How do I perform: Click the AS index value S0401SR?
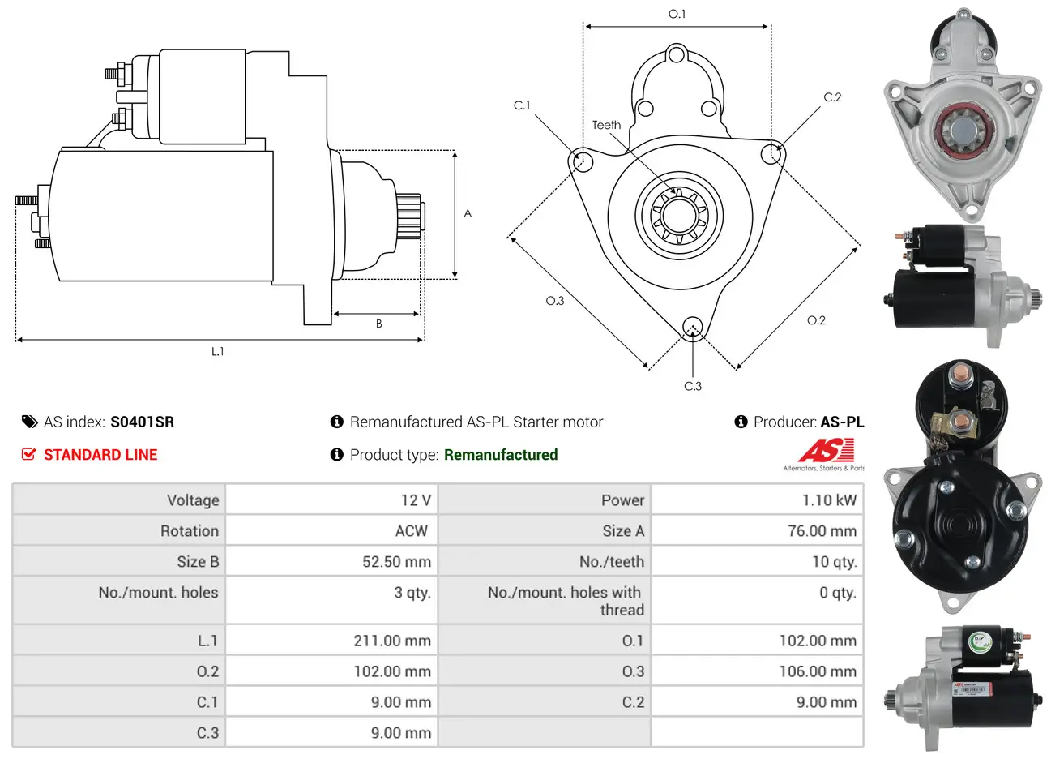pos(142,422)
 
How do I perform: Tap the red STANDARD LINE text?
pos(100,455)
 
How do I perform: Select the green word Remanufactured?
pos(500,455)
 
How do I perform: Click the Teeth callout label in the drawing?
pos(606,125)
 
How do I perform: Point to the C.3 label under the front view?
pos(693,386)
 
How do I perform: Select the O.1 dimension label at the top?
pos(677,14)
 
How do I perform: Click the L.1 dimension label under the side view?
pos(217,351)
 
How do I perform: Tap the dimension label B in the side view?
pos(378,324)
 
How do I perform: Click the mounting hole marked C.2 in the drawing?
pos(772,153)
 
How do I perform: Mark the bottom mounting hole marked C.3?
pos(692,327)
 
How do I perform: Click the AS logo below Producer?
pos(825,452)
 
